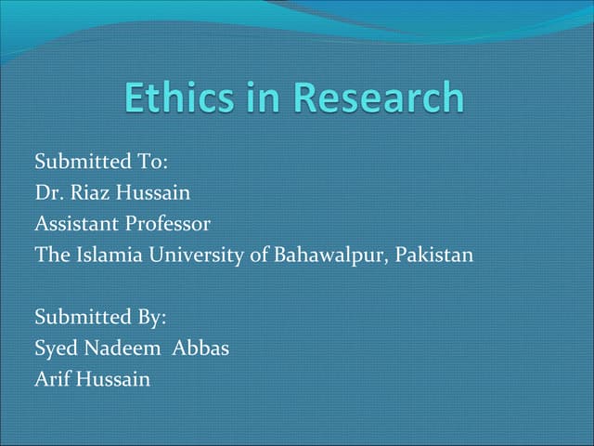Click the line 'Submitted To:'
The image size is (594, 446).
click(100, 162)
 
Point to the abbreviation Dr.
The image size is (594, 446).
click(46, 193)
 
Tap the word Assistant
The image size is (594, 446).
click(73, 224)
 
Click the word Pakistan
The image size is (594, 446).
click(434, 255)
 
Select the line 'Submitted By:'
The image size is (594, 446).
click(100, 317)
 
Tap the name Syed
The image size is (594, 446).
click(55, 348)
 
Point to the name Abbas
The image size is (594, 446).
click(201, 348)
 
